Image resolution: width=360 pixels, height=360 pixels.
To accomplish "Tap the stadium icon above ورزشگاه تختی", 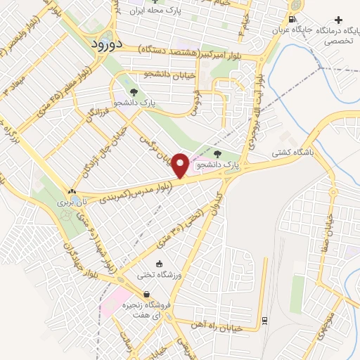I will (x=160, y=264).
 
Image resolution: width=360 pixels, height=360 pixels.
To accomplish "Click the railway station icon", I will (x=264, y=320).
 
